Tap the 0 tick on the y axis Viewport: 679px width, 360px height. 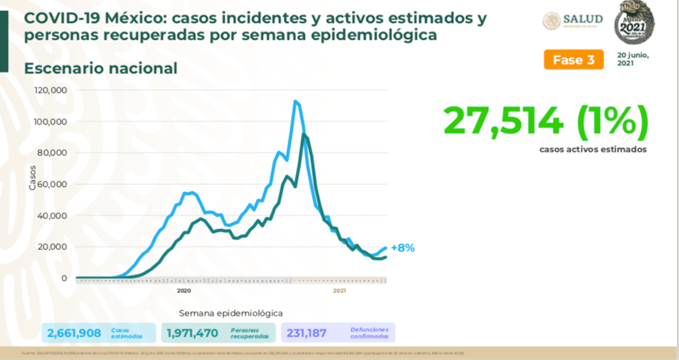pyautogui.click(x=64, y=278)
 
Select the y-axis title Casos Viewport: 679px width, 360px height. pyautogui.click(x=33, y=178)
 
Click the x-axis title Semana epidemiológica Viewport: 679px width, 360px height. pyautogui.click(x=230, y=313)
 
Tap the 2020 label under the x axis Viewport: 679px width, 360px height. pyautogui.click(x=184, y=291)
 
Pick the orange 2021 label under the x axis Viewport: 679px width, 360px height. pyautogui.click(x=339, y=291)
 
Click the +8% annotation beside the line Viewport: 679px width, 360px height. pyautogui.click(x=403, y=248)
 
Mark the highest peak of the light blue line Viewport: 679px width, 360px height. pyautogui.click(x=295, y=101)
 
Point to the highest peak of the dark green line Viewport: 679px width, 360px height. pyautogui.click(x=304, y=135)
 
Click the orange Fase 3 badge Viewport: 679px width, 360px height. pyautogui.click(x=574, y=59)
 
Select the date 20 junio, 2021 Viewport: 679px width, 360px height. pyautogui.click(x=632, y=59)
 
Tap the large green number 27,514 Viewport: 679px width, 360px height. pyautogui.click(x=503, y=121)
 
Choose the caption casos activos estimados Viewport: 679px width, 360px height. pyautogui.click(x=593, y=149)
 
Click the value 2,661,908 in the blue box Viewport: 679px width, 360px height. pyautogui.click(x=74, y=332)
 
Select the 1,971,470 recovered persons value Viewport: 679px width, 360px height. pyautogui.click(x=192, y=332)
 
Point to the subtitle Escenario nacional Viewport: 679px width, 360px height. pyautogui.click(x=101, y=68)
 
